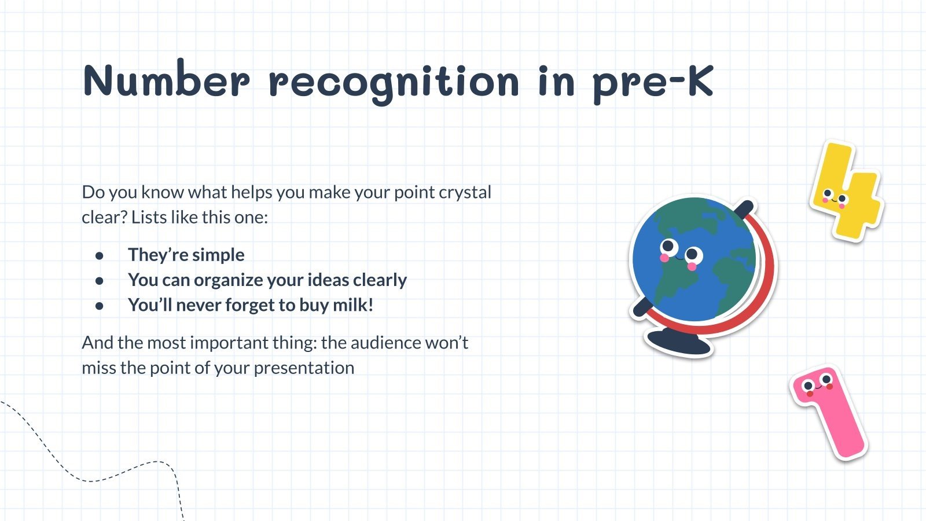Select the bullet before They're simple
pos(100,255)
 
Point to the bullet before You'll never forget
pos(100,306)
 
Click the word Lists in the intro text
pos(148,218)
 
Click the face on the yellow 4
pos(835,198)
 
